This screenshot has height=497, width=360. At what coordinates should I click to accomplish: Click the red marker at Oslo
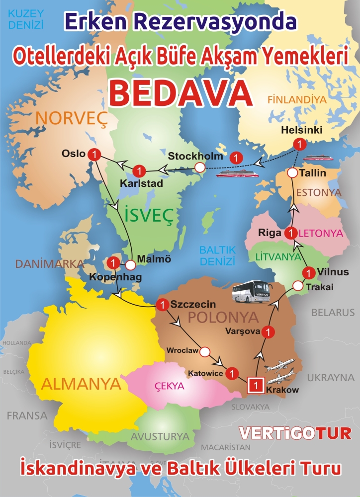(x=93, y=155)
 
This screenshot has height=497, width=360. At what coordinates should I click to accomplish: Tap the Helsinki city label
(x=302, y=130)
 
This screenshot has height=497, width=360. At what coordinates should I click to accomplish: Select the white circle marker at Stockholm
(x=199, y=168)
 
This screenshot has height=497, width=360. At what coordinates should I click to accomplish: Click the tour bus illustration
(x=252, y=292)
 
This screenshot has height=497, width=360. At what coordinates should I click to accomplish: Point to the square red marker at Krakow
(x=255, y=384)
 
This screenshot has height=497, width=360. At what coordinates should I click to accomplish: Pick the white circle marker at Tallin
(x=292, y=173)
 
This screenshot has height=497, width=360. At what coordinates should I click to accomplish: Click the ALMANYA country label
(x=82, y=383)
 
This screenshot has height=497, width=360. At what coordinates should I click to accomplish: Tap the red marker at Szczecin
(x=162, y=305)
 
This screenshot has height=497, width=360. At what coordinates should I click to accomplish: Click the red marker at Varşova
(x=269, y=331)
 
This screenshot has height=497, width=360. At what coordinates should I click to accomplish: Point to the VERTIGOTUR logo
(x=295, y=433)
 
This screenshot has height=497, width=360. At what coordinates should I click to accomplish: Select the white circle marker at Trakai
(x=298, y=286)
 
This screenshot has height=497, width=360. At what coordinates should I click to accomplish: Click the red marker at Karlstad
(x=140, y=171)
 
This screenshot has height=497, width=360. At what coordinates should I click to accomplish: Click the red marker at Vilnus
(x=309, y=272)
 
